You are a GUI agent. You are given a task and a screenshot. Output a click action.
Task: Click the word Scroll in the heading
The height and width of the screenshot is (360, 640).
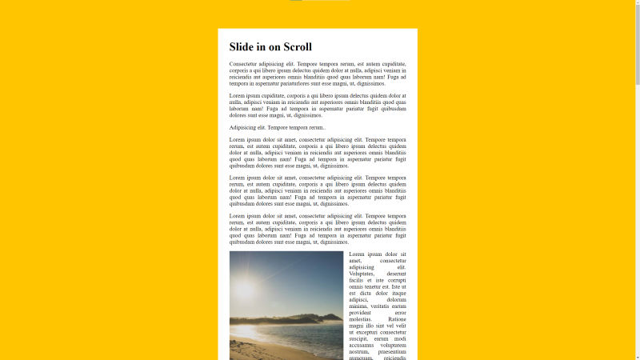tap(293, 47)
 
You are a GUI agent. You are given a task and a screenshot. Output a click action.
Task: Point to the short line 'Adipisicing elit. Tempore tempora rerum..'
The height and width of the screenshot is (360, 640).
tap(277, 127)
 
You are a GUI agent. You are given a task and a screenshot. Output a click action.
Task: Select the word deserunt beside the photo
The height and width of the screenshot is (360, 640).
tap(392, 274)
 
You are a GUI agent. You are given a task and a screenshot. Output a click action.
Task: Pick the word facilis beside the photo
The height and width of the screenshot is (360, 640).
tap(358, 280)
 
